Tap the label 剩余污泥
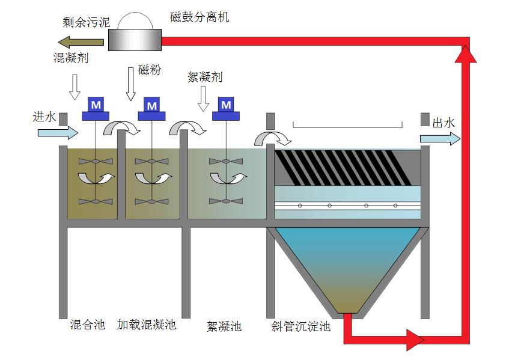tap(87, 23)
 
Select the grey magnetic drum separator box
tap(135, 40)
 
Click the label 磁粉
tap(150, 70)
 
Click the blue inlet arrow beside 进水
tap(58, 132)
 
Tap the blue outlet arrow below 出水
tap(440, 139)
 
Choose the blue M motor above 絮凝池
tap(225, 105)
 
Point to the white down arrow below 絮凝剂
tap(203, 98)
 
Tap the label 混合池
tap(87, 325)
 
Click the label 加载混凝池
tap(147, 325)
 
